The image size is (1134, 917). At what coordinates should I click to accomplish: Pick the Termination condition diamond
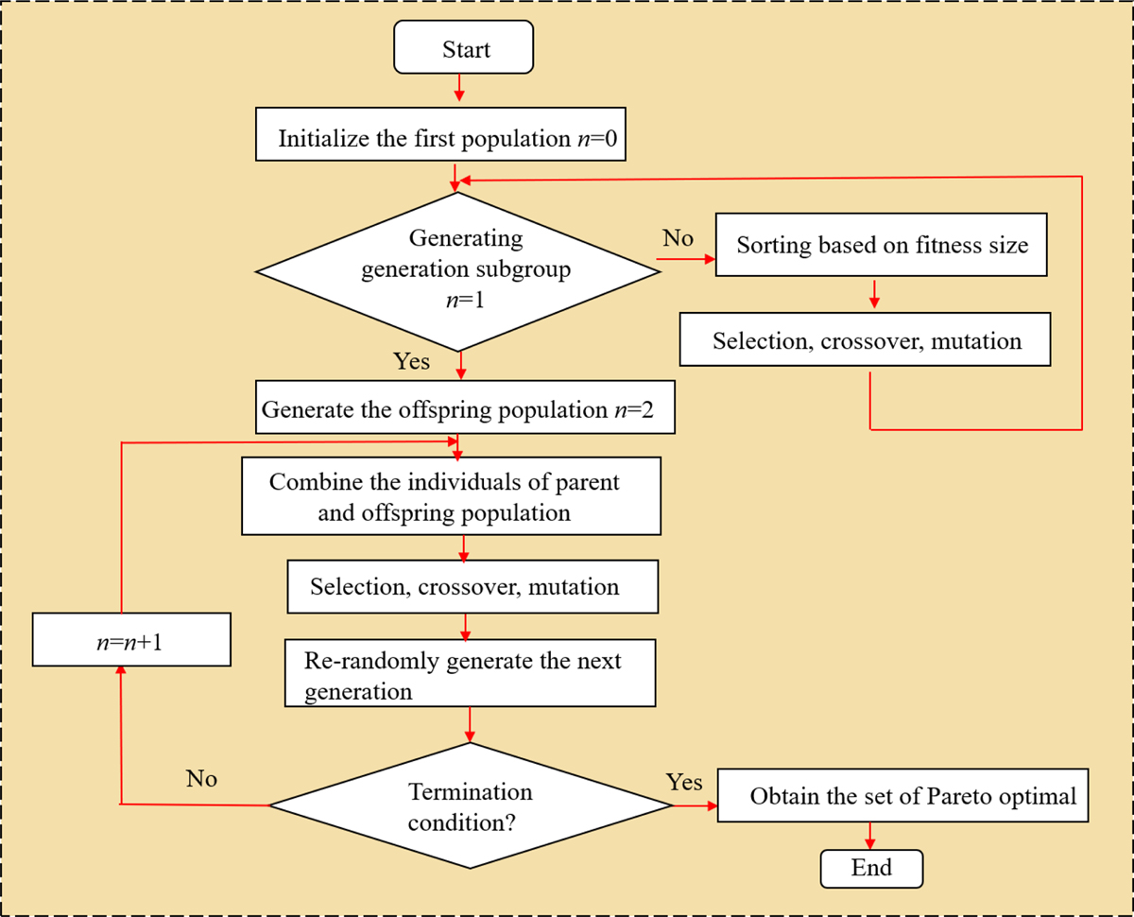pyautogui.click(x=470, y=805)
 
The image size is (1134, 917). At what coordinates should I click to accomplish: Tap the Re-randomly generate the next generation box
pyautogui.click(x=470, y=675)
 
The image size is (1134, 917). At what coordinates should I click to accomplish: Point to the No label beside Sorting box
pyautogui.click(x=678, y=238)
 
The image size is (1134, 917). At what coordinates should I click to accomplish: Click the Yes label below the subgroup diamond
pyautogui.click(x=411, y=361)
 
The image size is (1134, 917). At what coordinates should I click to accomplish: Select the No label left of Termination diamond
pyautogui.click(x=201, y=779)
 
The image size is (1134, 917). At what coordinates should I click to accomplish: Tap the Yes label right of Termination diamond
pyautogui.click(x=684, y=782)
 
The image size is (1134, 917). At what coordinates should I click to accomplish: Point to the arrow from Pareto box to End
pyautogui.click(x=869, y=835)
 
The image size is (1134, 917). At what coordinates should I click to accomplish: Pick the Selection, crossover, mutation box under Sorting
pyautogui.click(x=866, y=340)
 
